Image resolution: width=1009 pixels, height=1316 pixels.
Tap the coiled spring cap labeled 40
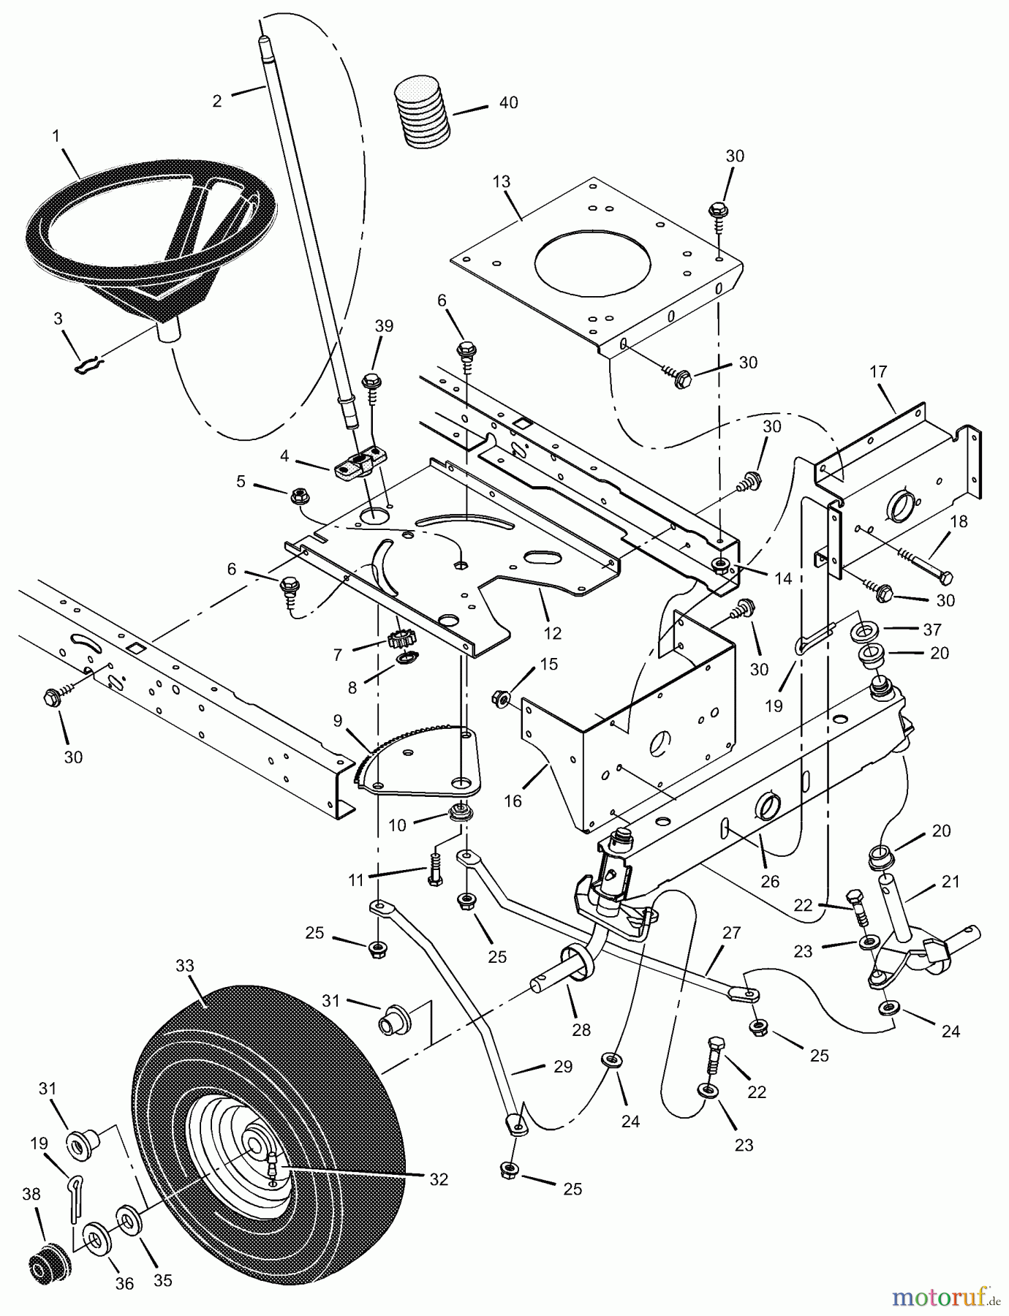coord(423,111)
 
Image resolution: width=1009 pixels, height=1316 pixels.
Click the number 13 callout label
coord(502,181)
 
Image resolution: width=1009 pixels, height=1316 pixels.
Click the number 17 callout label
coord(878,372)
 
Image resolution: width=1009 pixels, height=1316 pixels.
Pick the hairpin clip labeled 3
coord(89,363)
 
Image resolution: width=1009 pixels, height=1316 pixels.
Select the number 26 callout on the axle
coord(769,882)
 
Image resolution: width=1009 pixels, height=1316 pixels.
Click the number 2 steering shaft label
coord(217,102)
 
